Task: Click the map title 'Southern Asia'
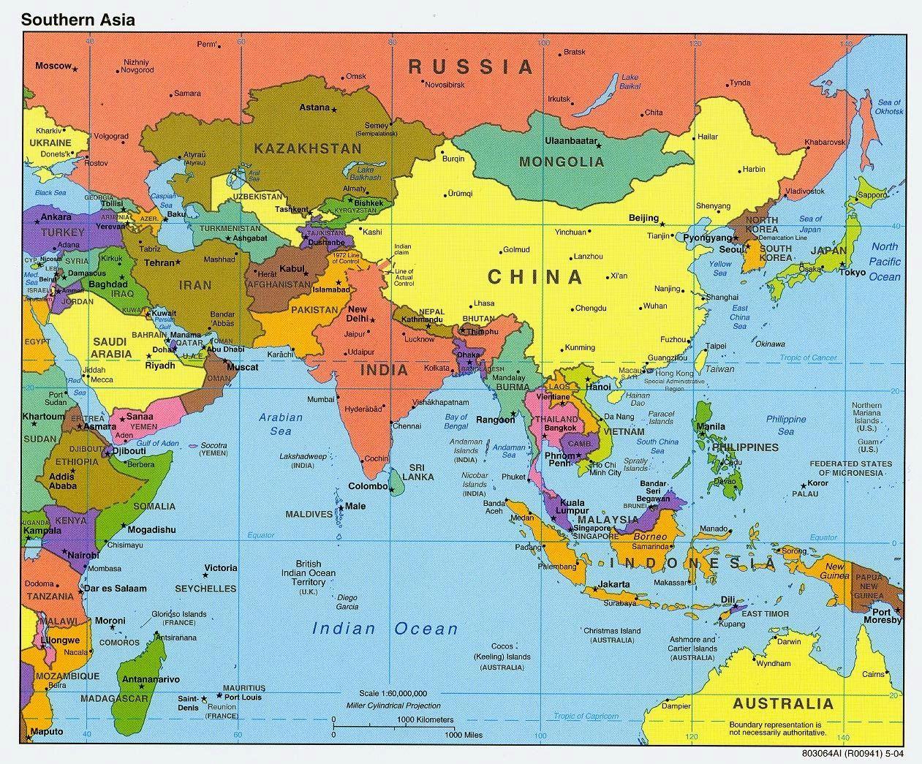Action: pyautogui.click(x=78, y=20)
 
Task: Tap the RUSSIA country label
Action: pyautogui.click(x=471, y=67)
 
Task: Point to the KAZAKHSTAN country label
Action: pyautogui.click(x=307, y=148)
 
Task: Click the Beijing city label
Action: pyautogui.click(x=643, y=219)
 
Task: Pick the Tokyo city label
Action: pyautogui.click(x=853, y=273)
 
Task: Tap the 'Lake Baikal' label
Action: pyautogui.click(x=630, y=81)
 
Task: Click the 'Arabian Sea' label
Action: pyautogui.click(x=281, y=424)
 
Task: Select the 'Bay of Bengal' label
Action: pyautogui.click(x=456, y=421)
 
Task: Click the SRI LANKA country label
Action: pyautogui.click(x=421, y=472)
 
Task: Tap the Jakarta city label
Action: pyautogui.click(x=613, y=584)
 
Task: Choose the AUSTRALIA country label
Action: pyautogui.click(x=782, y=704)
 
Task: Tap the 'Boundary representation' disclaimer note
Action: pyautogui.click(x=776, y=727)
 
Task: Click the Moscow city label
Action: pyautogui.click(x=53, y=66)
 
